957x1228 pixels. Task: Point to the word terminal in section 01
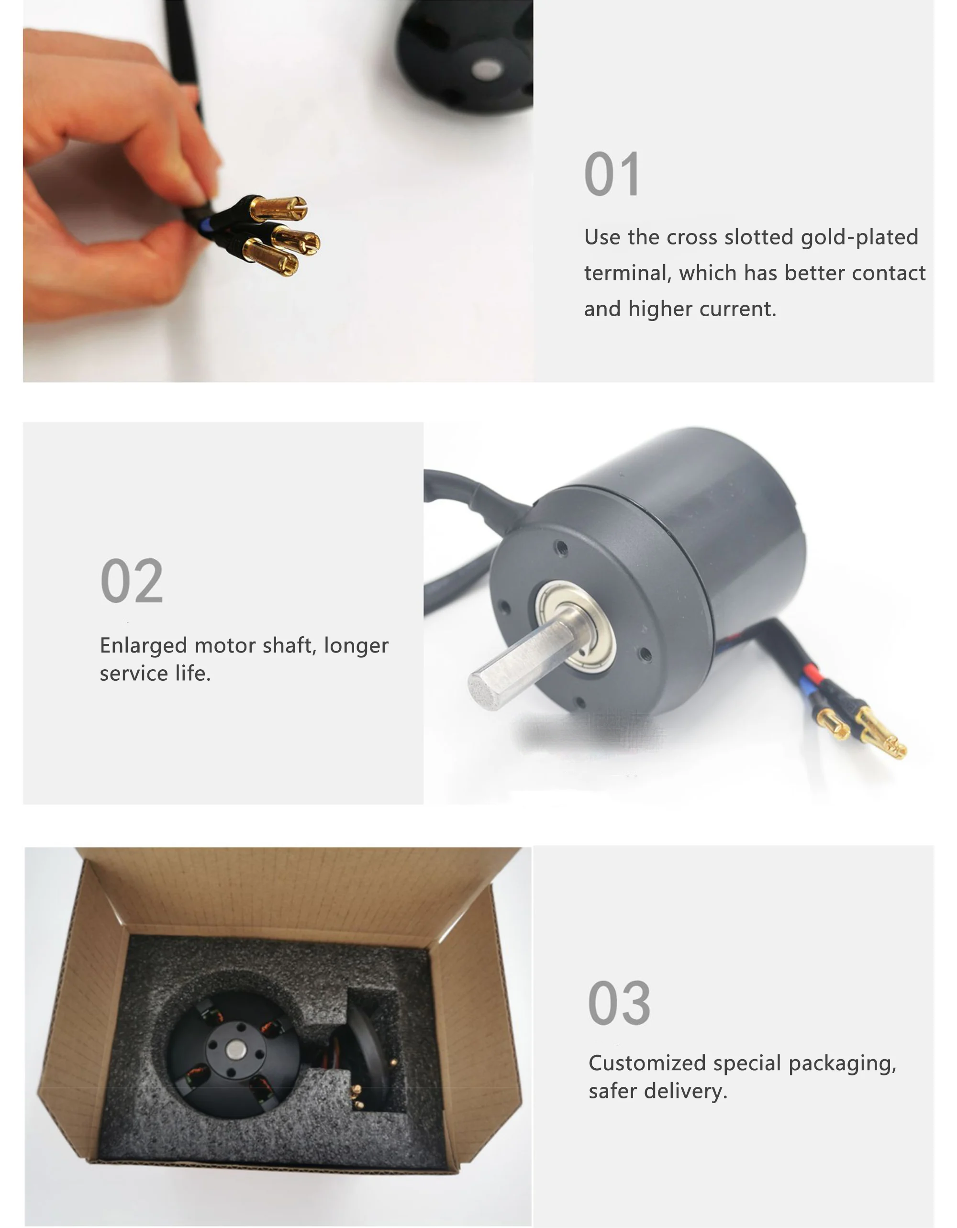(626, 273)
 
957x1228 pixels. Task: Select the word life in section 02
(192, 674)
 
